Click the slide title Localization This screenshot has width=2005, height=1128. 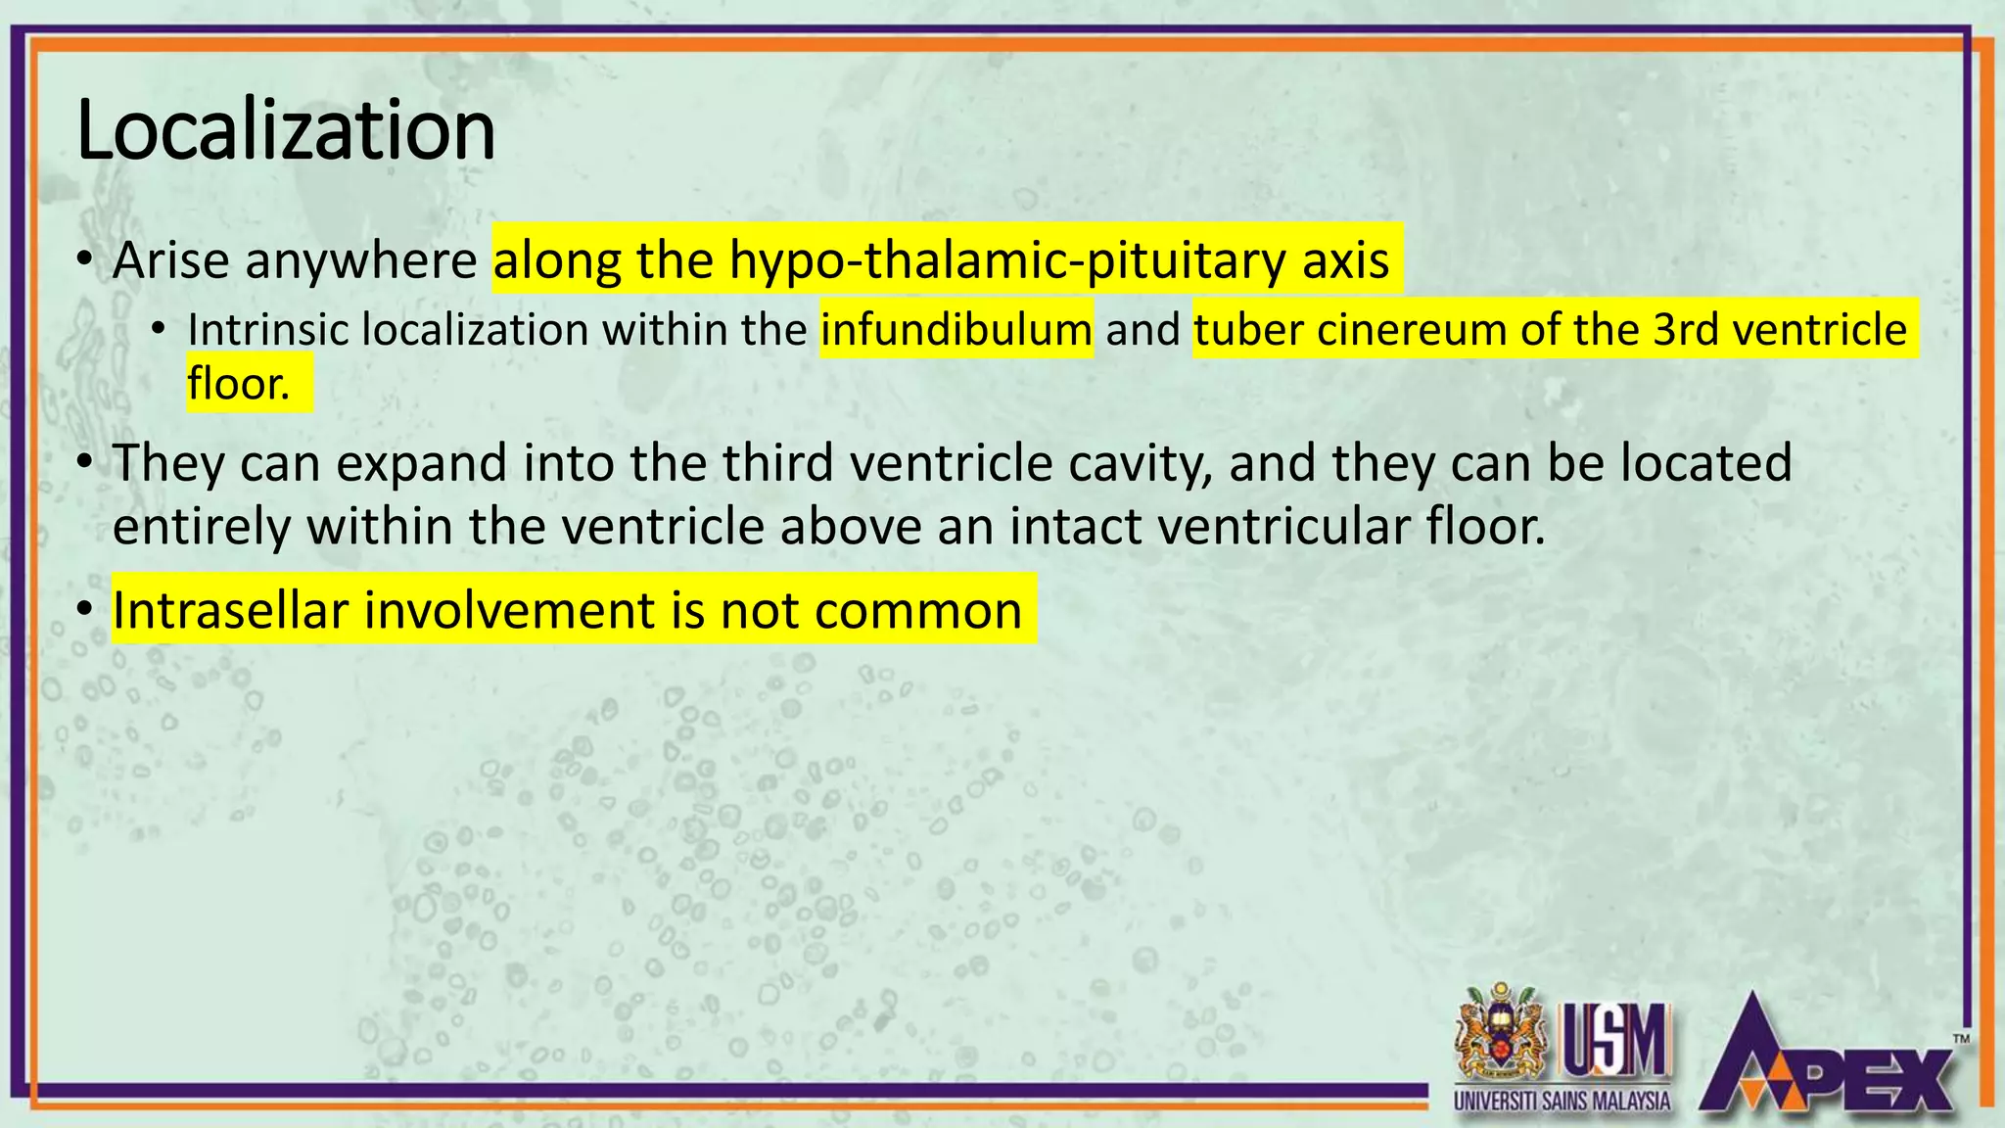click(285, 130)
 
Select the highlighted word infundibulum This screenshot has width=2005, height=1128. click(956, 329)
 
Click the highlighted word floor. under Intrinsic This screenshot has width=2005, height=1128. click(239, 383)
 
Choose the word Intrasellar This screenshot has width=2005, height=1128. click(230, 610)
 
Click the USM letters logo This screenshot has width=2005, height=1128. click(1615, 1041)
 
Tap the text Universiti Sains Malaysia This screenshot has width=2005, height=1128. click(1562, 1101)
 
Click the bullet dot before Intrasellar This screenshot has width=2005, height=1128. click(86, 610)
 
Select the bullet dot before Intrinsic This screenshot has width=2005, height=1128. click(159, 329)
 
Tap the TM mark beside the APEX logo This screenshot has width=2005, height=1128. click(1961, 1039)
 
